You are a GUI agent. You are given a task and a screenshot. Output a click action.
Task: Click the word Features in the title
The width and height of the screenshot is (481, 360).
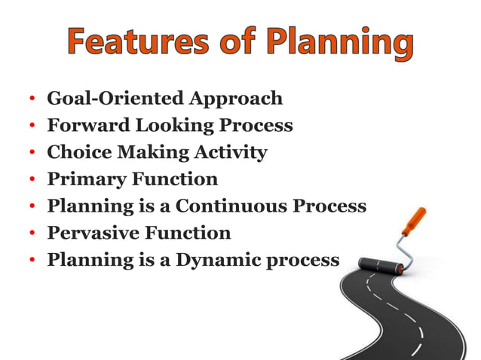coord(137,44)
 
